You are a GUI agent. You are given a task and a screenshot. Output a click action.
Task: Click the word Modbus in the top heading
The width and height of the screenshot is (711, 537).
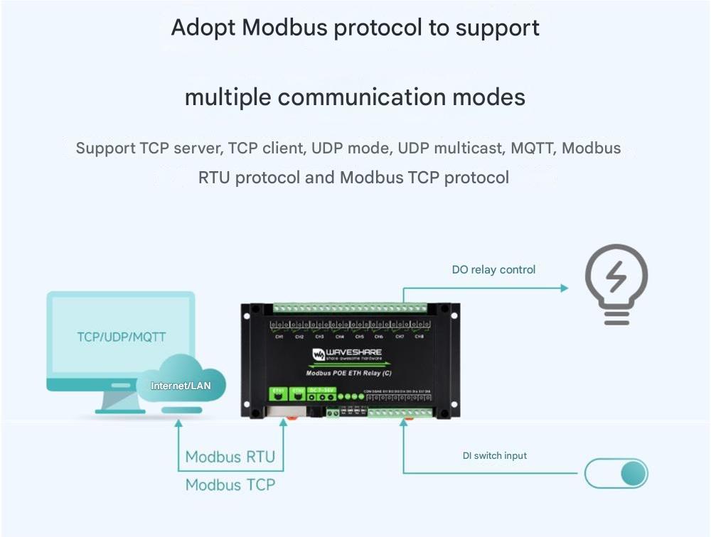(x=285, y=28)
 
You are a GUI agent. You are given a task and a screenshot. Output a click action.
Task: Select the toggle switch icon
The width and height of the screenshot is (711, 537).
(x=616, y=474)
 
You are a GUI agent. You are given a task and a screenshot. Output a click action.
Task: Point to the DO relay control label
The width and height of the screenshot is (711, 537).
(x=493, y=270)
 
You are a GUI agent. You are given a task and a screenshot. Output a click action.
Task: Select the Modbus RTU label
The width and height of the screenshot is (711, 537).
(x=230, y=457)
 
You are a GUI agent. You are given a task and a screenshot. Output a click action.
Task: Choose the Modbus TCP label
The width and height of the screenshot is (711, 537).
(x=230, y=484)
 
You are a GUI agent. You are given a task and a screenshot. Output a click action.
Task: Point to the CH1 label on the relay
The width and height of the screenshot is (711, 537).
(x=279, y=337)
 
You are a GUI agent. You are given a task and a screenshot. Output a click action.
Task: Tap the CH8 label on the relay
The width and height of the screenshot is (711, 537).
(x=419, y=337)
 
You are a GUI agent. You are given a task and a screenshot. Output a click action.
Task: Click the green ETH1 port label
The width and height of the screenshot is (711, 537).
(x=278, y=391)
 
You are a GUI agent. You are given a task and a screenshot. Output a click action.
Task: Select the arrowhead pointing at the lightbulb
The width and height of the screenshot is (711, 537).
(x=564, y=288)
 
